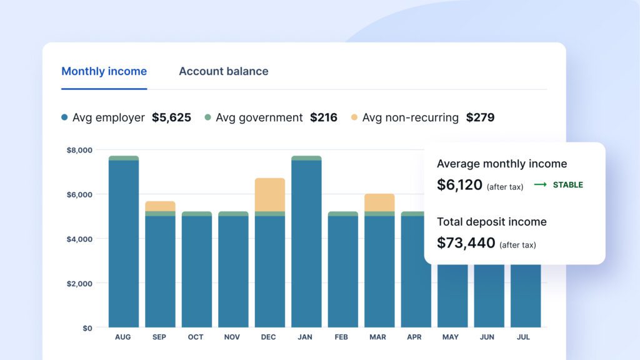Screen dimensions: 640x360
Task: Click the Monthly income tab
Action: pyautogui.click(x=104, y=71)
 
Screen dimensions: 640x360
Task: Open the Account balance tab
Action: pyautogui.click(x=224, y=71)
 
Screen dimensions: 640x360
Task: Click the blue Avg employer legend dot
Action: pyautogui.click(x=64, y=117)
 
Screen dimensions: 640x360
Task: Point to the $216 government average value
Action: pyautogui.click(x=324, y=117)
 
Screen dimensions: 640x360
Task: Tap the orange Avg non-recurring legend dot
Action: pyautogui.click(x=354, y=117)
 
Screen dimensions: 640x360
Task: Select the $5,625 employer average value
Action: pyautogui.click(x=171, y=117)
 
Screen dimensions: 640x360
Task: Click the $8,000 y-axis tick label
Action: pyautogui.click(x=79, y=150)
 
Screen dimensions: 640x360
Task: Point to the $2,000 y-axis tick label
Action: pyautogui.click(x=79, y=284)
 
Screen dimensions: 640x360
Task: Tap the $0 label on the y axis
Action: pyautogui.click(x=87, y=328)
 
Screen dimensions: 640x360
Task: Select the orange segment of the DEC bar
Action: pyautogui.click(x=270, y=195)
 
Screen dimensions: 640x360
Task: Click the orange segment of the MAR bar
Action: pyautogui.click(x=379, y=203)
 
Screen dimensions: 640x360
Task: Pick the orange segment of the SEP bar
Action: pyautogui.click(x=161, y=206)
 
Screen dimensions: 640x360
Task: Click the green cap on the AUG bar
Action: pyautogui.click(x=124, y=158)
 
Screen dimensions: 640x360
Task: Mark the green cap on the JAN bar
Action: pyautogui.click(x=306, y=158)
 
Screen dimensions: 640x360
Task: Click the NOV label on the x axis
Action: pyautogui.click(x=232, y=337)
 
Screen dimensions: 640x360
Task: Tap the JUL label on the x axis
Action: pyautogui.click(x=523, y=337)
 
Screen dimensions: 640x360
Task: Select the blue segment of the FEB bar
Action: pyautogui.click(x=343, y=271)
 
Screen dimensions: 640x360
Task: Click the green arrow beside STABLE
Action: pyautogui.click(x=541, y=185)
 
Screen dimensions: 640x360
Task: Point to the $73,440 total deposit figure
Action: pyautogui.click(x=466, y=243)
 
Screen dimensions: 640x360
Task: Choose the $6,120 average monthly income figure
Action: pyautogui.click(x=459, y=185)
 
